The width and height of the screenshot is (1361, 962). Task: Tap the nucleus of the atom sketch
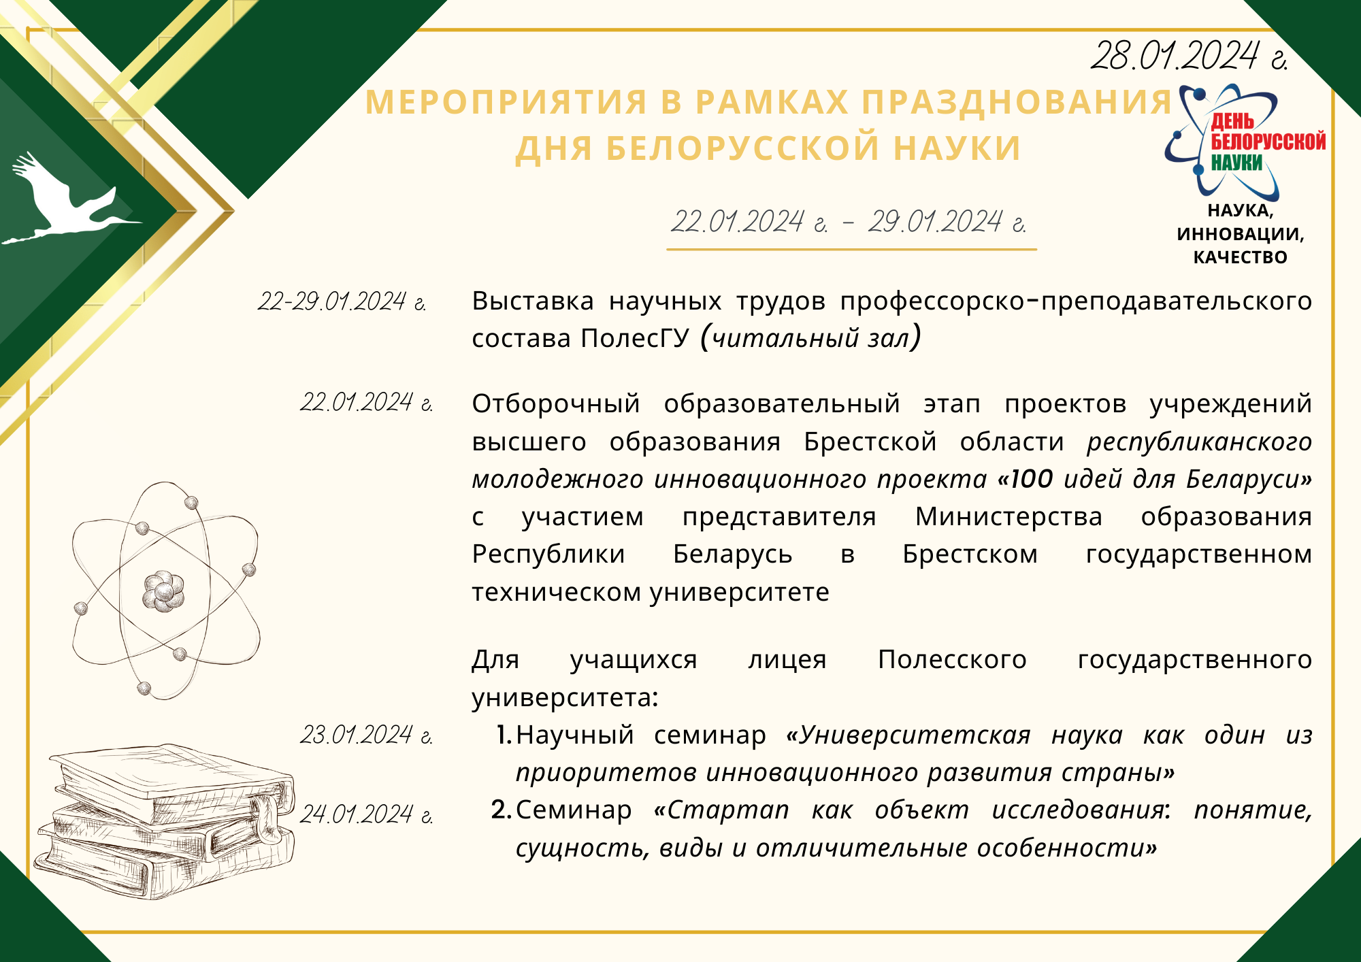click(163, 591)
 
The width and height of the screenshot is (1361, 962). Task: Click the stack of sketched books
click(167, 820)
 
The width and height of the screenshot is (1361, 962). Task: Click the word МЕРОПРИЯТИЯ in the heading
click(506, 102)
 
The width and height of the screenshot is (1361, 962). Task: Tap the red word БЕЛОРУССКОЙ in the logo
click(1268, 142)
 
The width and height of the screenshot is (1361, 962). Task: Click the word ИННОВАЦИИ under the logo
click(1241, 234)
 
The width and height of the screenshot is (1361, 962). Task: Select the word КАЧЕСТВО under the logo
click(1241, 257)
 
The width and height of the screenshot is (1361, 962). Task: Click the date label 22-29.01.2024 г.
click(342, 301)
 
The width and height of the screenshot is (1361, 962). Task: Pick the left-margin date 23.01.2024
click(367, 735)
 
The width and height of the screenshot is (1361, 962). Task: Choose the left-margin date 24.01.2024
click(367, 814)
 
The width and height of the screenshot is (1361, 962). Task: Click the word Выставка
click(533, 301)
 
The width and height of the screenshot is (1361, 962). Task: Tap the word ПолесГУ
click(635, 338)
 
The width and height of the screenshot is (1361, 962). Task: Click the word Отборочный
click(556, 405)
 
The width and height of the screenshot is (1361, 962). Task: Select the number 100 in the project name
click(1032, 479)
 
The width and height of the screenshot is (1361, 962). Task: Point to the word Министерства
click(1009, 518)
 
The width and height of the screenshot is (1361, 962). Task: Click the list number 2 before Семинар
click(501, 810)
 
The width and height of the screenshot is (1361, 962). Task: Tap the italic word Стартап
click(729, 811)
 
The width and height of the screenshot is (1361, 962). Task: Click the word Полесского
click(952, 660)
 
